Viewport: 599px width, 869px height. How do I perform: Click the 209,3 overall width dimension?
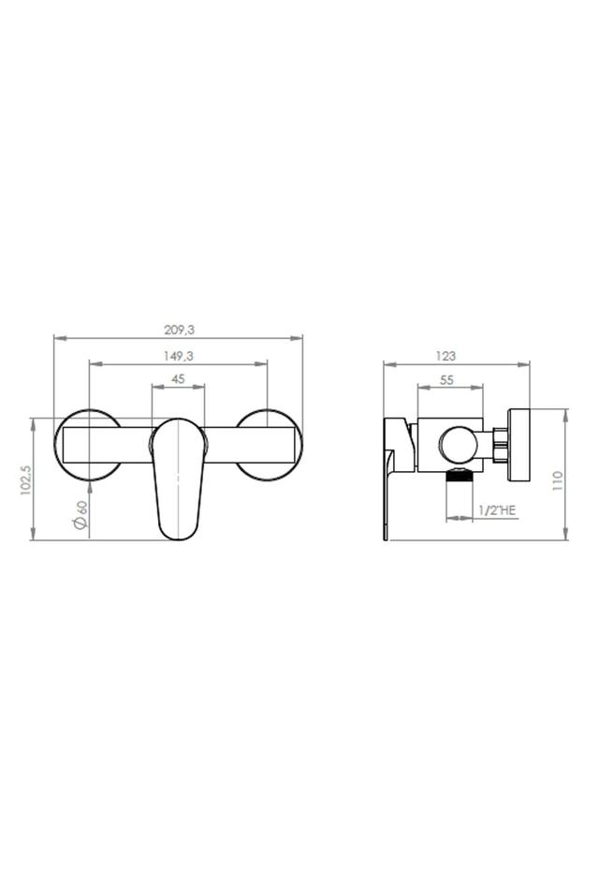pos(179,330)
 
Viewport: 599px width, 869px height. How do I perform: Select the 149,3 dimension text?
pos(179,356)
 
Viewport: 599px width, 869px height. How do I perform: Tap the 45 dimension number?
pos(179,379)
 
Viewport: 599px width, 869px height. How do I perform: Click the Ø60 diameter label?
pos(80,515)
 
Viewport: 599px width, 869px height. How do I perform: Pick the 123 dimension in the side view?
pos(446,356)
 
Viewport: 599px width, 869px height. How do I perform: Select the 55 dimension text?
pos(446,379)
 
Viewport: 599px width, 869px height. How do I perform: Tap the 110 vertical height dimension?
pos(557,480)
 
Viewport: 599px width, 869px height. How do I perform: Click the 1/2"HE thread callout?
pos(496,510)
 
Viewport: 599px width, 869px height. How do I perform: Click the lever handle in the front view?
pos(178,479)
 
